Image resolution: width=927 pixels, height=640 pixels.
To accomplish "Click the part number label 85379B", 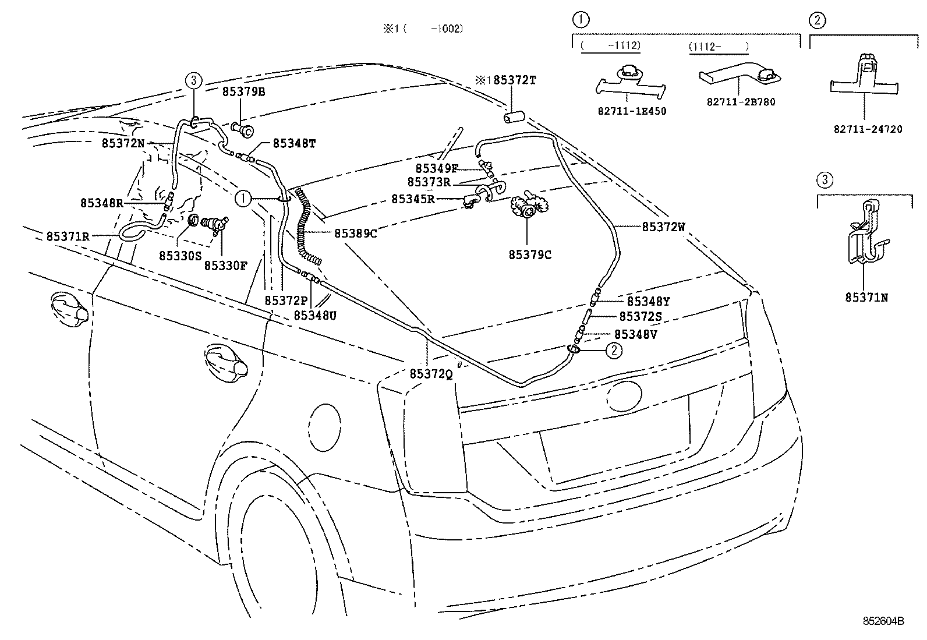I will [x=243, y=92].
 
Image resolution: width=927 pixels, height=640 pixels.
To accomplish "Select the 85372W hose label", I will [x=664, y=227].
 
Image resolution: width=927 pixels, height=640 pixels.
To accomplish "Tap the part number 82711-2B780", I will [x=741, y=102].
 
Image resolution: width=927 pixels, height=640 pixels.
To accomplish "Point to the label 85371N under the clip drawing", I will [x=866, y=298].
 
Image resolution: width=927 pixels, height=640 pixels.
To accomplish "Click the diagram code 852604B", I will [x=883, y=621].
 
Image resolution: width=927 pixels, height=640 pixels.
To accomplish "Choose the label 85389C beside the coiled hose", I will [x=355, y=234].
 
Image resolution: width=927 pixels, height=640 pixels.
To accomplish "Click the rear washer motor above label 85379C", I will [x=528, y=208].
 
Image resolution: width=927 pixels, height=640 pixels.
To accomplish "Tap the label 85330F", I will [x=225, y=266].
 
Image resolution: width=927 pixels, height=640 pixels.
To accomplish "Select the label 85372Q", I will [x=431, y=374].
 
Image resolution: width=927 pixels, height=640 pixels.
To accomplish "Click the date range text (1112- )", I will [x=718, y=45].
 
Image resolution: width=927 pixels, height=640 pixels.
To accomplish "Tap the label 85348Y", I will [x=648, y=301].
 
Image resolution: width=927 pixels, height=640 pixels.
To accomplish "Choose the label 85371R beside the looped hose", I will [x=68, y=236].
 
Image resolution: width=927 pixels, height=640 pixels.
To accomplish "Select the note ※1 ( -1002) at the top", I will [x=423, y=29].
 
